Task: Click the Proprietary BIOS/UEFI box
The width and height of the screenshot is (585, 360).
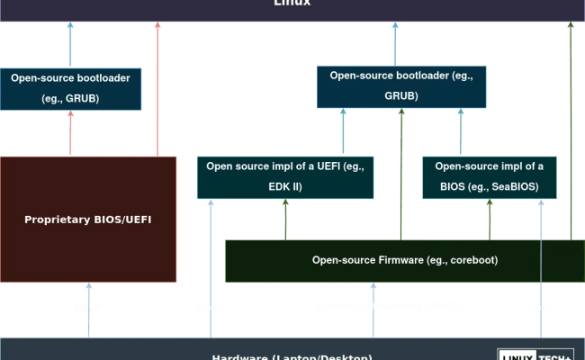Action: pos(88,220)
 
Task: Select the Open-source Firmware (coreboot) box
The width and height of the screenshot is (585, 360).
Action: pos(404,260)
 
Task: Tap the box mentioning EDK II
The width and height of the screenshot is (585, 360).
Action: pos(285,177)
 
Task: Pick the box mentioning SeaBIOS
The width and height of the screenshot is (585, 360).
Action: pos(489,177)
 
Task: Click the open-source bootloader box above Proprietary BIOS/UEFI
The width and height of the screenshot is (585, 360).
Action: pos(70,89)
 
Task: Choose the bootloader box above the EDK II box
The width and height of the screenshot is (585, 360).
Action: pos(401,86)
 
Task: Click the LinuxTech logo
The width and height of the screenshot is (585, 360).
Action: pos(535,354)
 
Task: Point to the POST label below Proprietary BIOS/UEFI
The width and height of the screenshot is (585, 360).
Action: pos(88,308)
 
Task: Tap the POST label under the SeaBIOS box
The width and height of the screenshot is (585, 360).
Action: pos(540,308)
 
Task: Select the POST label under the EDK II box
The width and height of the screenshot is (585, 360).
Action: pos(210,308)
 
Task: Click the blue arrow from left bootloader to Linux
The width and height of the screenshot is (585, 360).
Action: pos(70,44)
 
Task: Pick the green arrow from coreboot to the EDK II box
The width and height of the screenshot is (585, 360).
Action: pos(285,219)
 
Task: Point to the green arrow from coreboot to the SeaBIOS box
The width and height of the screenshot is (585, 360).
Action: pos(489,219)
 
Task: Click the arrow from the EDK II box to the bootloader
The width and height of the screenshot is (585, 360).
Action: pos(342,132)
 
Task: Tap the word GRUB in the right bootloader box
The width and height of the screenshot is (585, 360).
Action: pos(401,94)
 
